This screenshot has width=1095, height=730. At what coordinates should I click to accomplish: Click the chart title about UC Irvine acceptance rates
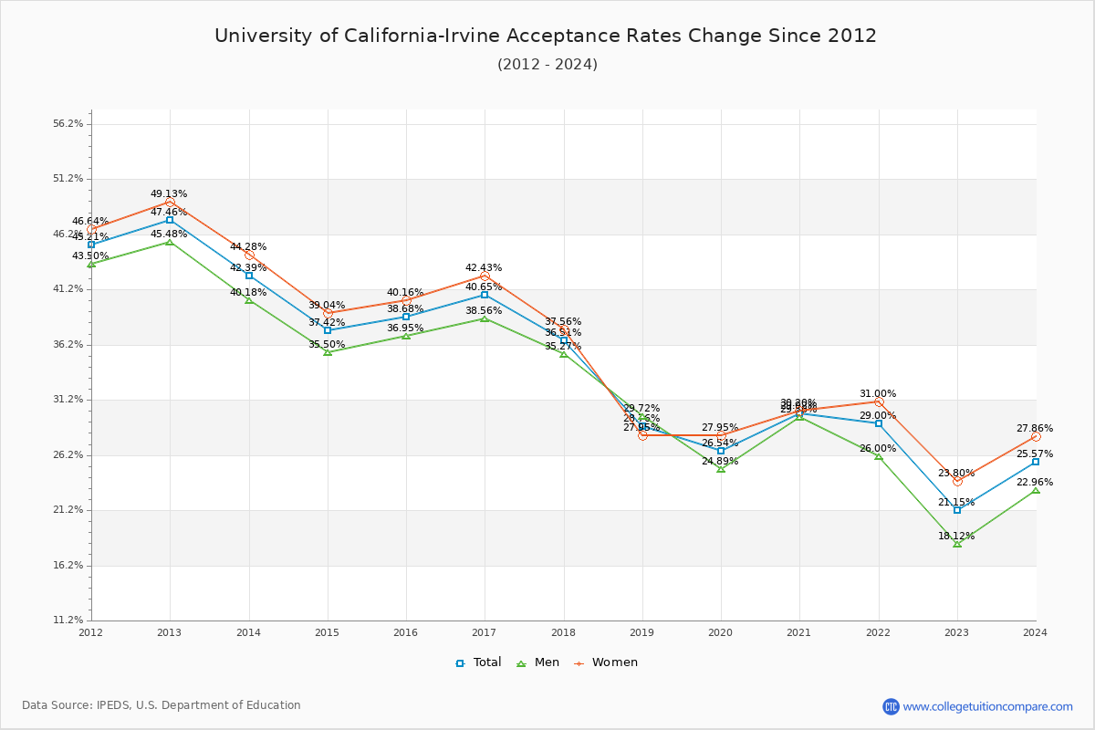(546, 36)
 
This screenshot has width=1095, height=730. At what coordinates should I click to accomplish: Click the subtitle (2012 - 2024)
(547, 65)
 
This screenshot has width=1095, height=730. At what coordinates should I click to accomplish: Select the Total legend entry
(479, 662)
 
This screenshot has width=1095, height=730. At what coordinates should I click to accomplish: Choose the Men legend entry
(537, 662)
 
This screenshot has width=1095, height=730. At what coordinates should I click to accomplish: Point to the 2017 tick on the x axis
(485, 631)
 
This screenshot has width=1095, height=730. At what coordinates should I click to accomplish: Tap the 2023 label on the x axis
(956, 631)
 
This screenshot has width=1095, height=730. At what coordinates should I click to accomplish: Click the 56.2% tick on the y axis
(68, 124)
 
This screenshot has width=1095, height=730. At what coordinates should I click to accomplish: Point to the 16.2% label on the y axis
(68, 566)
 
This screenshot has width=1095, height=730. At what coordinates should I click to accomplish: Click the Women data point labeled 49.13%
(170, 202)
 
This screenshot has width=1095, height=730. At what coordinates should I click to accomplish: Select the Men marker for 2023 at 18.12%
(957, 544)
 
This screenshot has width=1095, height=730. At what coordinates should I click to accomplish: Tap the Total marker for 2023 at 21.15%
(957, 510)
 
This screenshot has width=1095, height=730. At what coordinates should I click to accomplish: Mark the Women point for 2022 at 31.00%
(879, 402)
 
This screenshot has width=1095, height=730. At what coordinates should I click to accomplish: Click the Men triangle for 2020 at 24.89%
(721, 469)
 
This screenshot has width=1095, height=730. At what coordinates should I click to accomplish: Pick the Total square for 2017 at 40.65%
(485, 295)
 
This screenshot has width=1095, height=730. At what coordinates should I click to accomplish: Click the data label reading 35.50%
(327, 345)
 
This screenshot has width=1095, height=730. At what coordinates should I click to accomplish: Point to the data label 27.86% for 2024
(1035, 429)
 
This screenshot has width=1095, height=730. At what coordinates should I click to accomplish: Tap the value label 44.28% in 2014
(248, 247)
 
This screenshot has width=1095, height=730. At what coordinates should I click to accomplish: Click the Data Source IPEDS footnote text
(162, 705)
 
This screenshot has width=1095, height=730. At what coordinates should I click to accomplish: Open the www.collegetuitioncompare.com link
(987, 706)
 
